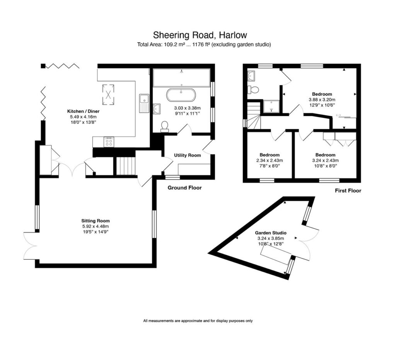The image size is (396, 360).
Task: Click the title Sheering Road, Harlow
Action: click(200, 35)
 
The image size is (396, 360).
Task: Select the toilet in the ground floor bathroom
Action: click(165, 126)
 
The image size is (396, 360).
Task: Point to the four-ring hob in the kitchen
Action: click(109, 142)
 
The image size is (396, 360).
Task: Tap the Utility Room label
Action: click(188, 155)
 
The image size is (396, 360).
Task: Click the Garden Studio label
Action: click(270, 233)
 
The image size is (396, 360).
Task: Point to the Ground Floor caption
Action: click(184, 188)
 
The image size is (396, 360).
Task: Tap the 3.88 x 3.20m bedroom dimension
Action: click(322, 99)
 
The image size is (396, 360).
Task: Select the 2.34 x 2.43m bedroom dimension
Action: click(270, 160)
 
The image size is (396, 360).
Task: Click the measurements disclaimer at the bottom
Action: click(198, 321)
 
